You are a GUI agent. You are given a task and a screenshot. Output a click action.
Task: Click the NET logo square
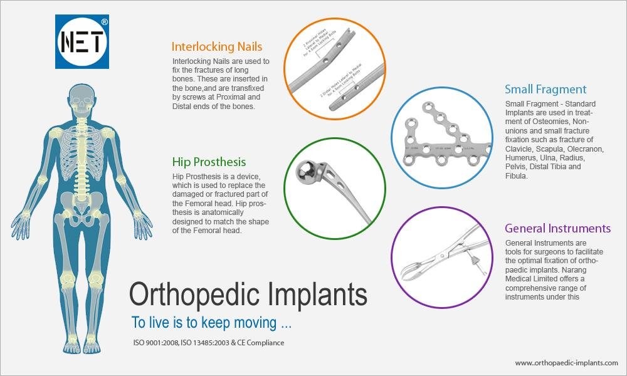(x=82, y=43)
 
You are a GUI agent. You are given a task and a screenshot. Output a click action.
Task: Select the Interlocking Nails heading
(x=217, y=47)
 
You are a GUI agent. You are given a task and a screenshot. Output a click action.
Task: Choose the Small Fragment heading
(x=545, y=89)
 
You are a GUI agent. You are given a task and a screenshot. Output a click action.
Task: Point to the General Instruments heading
(x=557, y=228)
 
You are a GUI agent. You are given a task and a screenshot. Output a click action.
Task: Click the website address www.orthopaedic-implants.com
(x=566, y=363)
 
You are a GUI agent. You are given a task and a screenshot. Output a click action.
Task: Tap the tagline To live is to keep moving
(x=211, y=324)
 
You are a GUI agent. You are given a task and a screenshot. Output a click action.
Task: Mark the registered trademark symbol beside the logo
(x=104, y=21)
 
